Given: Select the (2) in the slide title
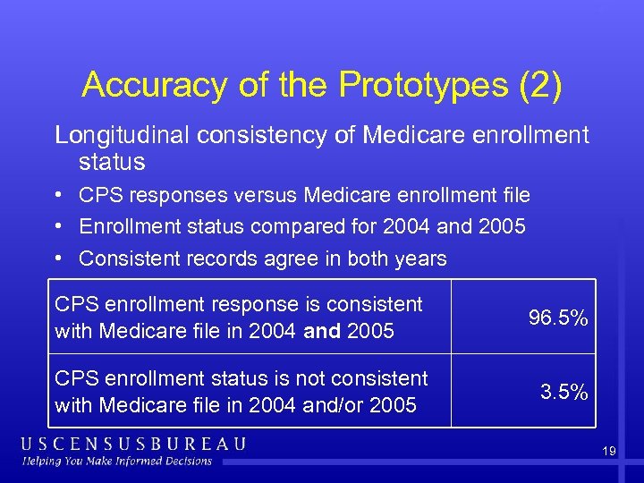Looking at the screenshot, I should click(x=539, y=85).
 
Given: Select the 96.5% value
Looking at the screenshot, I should click(x=558, y=318).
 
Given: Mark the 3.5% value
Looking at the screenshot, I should click(x=563, y=392).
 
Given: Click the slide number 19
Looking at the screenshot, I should click(x=608, y=452).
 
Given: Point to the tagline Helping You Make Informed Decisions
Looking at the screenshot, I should click(x=118, y=462).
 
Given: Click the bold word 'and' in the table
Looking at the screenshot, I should click(x=324, y=332).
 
